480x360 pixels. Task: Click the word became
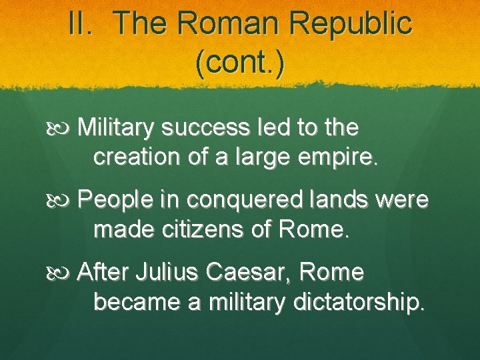[137, 303]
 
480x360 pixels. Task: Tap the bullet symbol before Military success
[64, 127]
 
